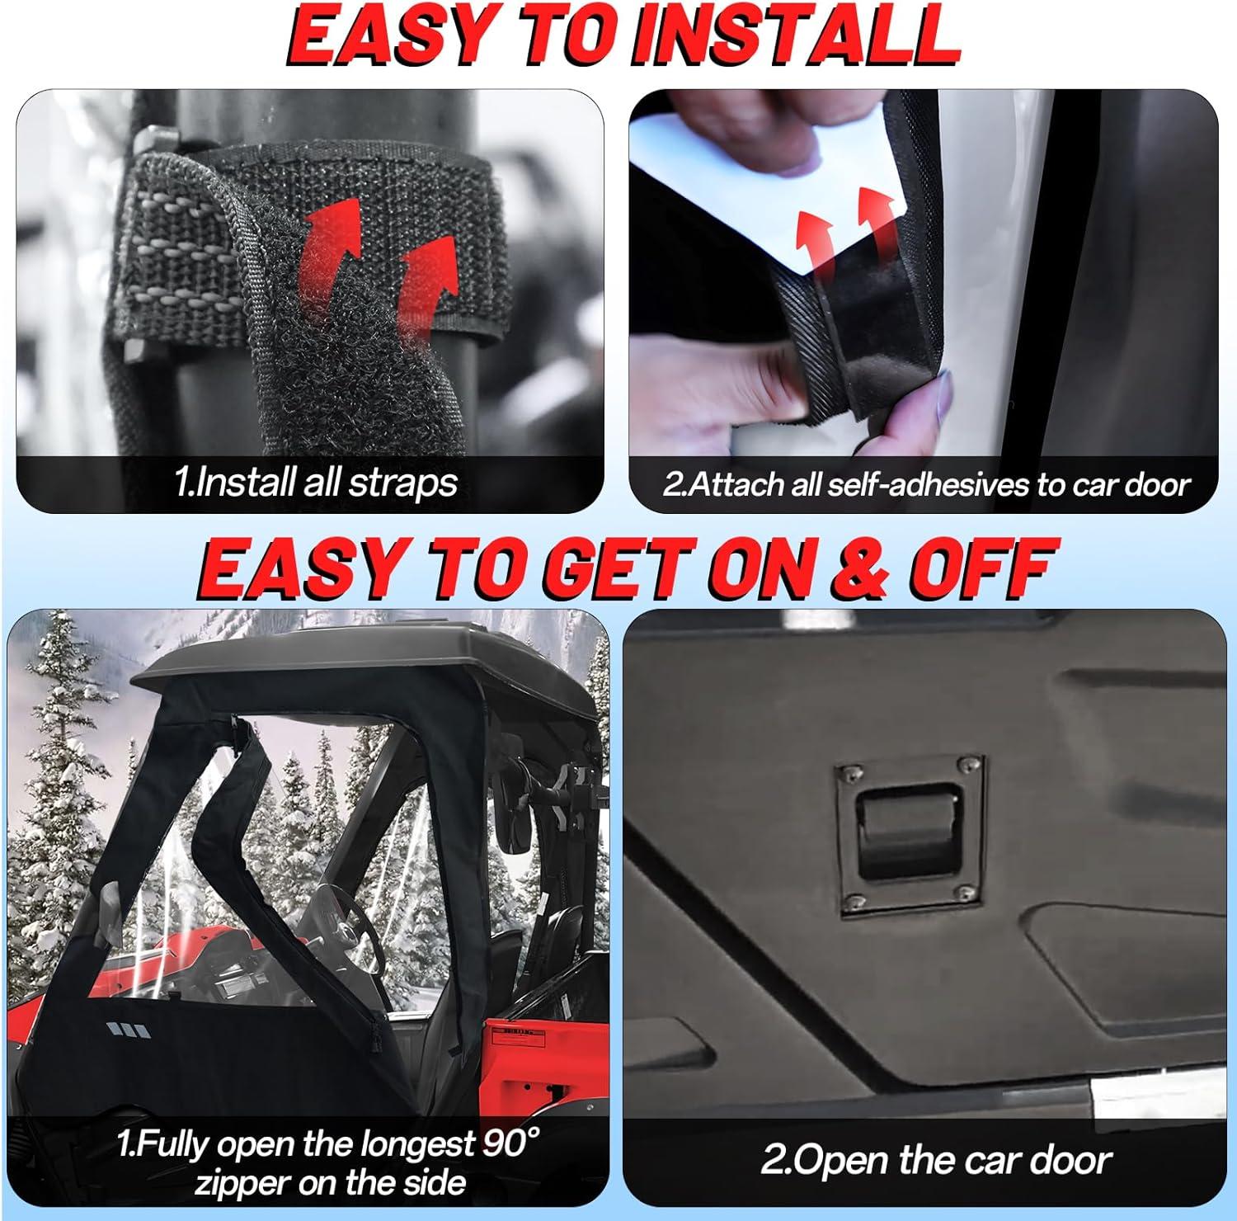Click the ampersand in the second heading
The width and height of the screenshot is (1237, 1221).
[863, 568]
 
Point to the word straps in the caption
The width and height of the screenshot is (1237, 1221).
[403, 483]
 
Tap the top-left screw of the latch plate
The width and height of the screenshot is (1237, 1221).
[848, 772]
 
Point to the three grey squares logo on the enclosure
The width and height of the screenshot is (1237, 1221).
[129, 1030]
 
